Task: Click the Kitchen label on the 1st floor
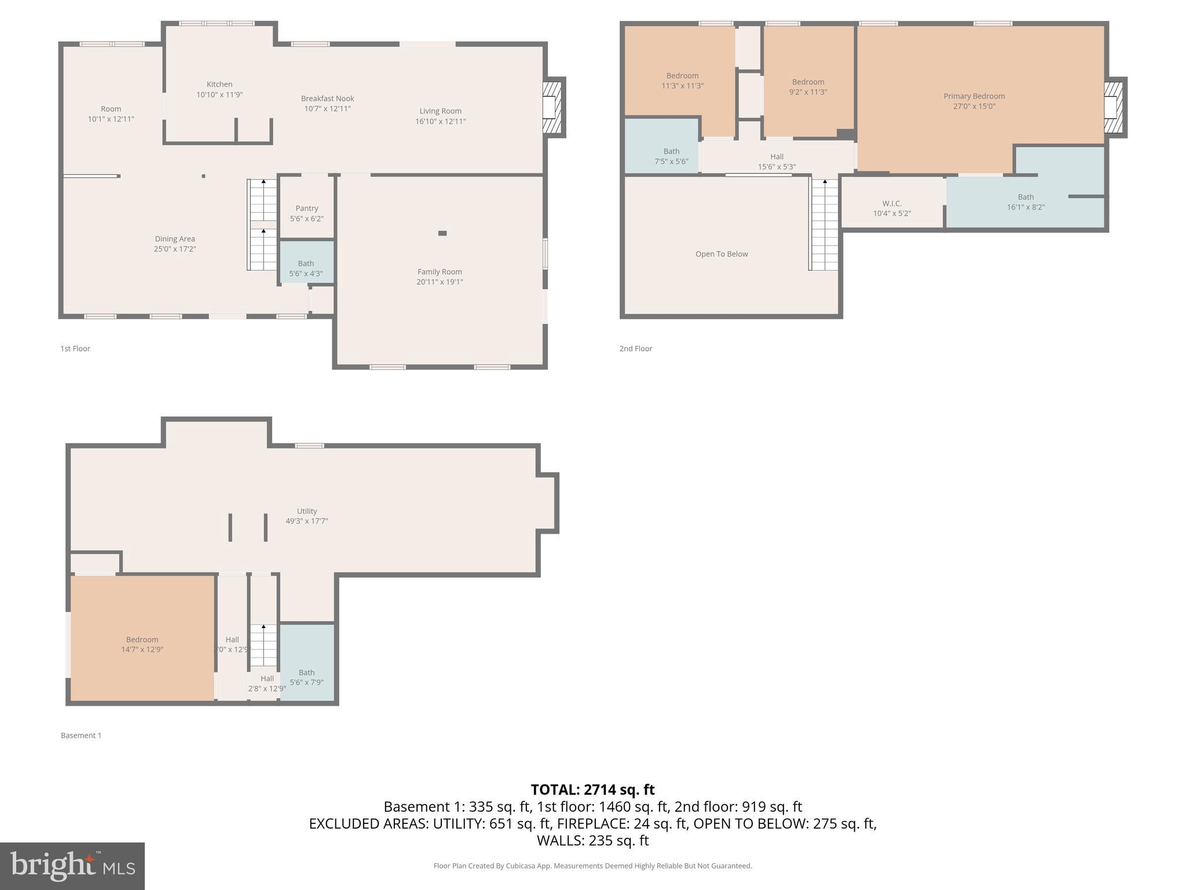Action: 219,85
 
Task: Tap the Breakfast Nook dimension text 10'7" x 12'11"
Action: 327,109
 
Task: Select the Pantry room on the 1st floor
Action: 306,213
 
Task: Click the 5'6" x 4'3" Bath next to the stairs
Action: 306,268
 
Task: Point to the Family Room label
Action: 440,272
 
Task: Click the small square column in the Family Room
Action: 442,233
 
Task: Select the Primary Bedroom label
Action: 974,96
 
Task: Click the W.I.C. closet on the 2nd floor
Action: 892,208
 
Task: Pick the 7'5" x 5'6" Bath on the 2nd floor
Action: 671,156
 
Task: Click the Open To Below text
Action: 722,254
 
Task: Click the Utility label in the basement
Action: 306,511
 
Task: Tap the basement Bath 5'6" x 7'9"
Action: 306,677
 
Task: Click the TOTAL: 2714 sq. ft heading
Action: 592,790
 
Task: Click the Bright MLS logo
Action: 72,866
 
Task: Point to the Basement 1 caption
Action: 81,735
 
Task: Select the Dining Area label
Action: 175,239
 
